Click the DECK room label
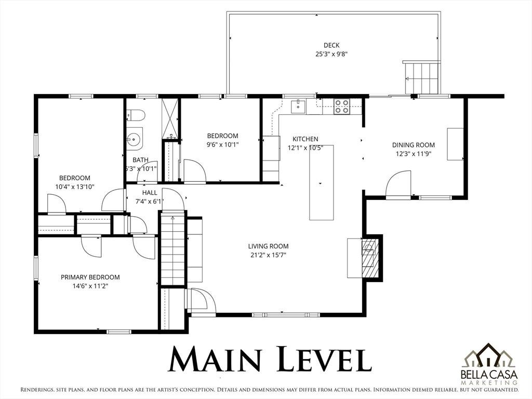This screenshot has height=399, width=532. click(331, 45)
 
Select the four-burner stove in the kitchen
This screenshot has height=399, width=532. click(341, 107)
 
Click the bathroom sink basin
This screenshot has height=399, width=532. click(135, 139)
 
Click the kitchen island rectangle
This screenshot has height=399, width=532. click(321, 182)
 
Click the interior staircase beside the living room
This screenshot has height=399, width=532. click(173, 248)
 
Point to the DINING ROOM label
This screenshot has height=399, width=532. click(413, 145)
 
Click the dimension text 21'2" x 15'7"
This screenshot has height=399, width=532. click(268, 255)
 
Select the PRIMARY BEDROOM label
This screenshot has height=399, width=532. click(90, 277)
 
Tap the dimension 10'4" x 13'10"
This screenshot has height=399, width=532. click(75, 187)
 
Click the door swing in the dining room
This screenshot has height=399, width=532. click(398, 183)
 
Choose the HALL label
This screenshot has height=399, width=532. click(150, 193)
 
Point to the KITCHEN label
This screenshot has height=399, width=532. click(305, 139)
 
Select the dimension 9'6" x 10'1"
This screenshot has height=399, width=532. click(222, 144)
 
